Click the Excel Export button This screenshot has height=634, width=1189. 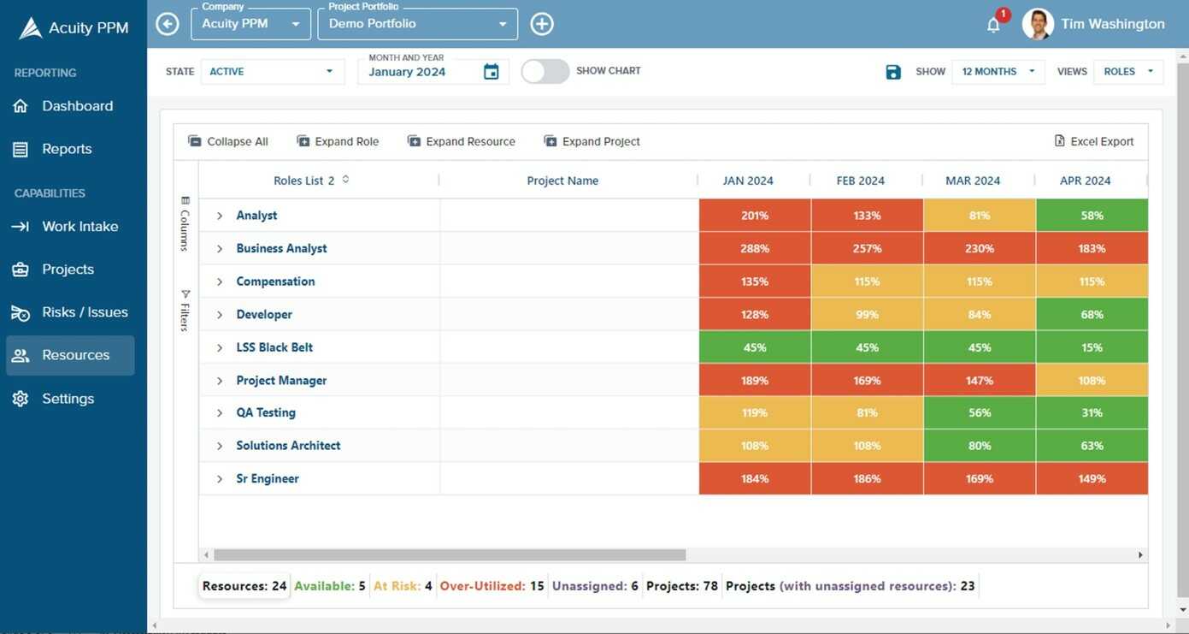point(1094,141)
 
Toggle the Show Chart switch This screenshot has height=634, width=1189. point(545,71)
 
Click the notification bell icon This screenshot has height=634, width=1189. point(993,25)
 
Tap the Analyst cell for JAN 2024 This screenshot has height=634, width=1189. point(755,216)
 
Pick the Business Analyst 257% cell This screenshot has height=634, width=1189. point(867,248)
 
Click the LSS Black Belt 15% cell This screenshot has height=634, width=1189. point(1092,347)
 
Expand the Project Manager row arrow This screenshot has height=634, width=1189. point(220,381)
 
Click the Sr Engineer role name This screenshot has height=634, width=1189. point(268,478)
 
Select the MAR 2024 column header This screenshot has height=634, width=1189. point(973,181)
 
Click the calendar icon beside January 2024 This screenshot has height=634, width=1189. point(491,72)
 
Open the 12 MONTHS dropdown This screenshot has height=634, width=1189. point(998,72)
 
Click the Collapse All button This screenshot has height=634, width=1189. point(228,141)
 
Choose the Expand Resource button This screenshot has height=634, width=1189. point(462,141)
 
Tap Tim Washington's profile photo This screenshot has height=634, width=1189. point(1038,24)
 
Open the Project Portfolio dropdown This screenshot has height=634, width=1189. point(417,24)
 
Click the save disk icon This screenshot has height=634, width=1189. point(893,72)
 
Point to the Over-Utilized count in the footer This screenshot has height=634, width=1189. point(536,586)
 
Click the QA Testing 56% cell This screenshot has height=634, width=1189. point(980,412)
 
